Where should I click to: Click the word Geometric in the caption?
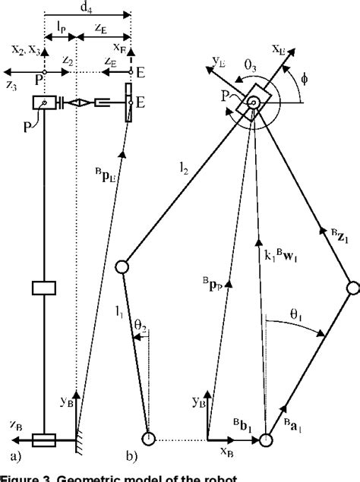pyautogui.click(x=96, y=477)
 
